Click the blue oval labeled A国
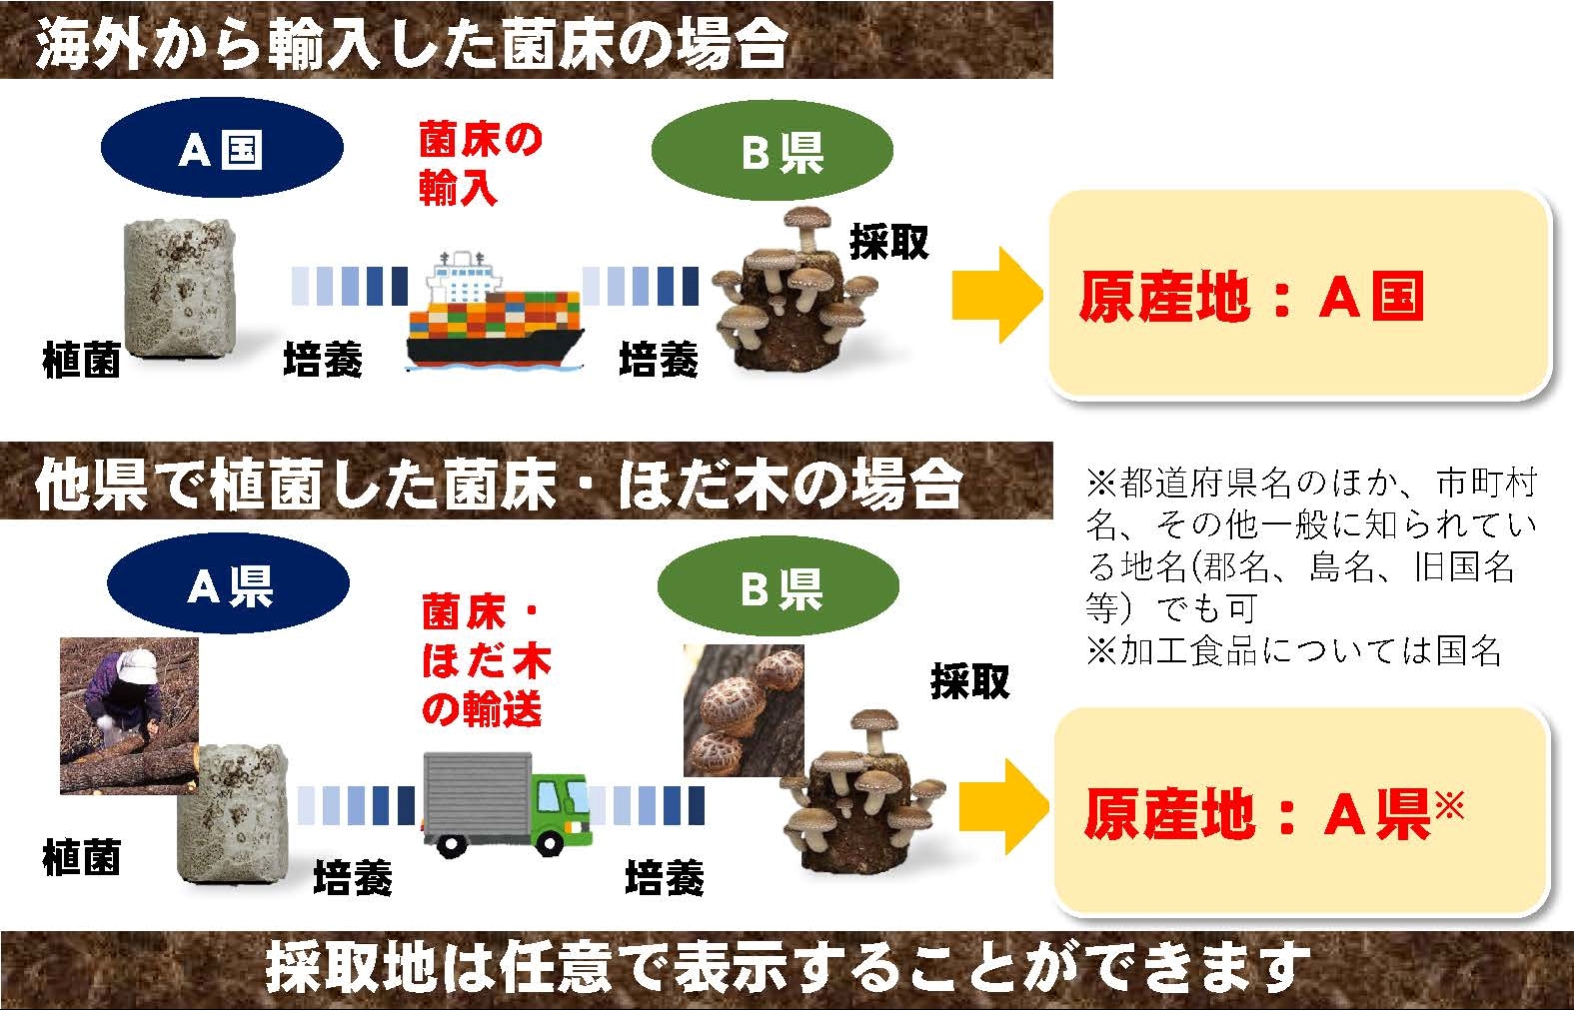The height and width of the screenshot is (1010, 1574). pos(222,148)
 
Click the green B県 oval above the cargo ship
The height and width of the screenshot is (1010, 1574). pos(773,150)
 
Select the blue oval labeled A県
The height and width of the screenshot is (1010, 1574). pos(229,583)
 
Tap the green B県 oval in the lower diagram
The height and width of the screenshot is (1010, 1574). pos(778,586)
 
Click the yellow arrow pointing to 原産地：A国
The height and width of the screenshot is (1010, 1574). pos(997,295)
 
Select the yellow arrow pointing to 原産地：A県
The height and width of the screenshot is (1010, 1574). pos(1004,807)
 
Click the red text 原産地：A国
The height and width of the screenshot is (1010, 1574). pos(1251,297)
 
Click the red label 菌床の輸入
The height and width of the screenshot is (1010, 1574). pos(481,164)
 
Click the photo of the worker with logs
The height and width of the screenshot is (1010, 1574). pos(129,715)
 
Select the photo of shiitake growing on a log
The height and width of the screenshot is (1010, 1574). pos(744,710)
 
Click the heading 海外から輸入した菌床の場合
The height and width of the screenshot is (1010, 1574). pos(412,44)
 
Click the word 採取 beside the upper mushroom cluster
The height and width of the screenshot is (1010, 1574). pos(888,242)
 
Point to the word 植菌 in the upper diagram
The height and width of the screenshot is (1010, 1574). pos(82,361)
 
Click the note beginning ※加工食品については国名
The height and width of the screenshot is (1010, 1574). pos(1294,651)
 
